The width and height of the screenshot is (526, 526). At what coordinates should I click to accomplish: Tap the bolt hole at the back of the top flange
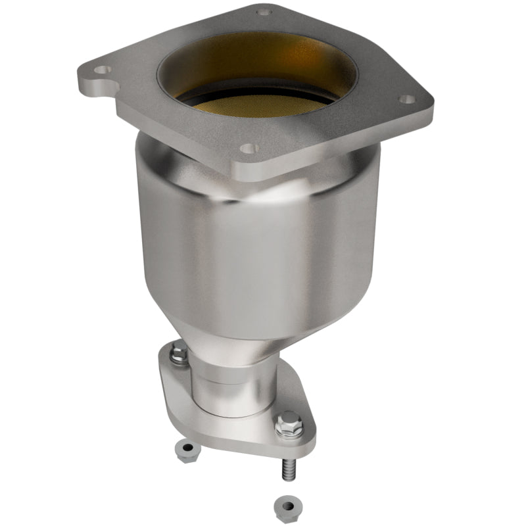(264, 12)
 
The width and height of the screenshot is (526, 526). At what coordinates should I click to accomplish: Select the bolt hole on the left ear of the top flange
(101, 69)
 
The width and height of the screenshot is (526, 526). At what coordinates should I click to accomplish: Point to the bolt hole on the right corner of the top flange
(408, 99)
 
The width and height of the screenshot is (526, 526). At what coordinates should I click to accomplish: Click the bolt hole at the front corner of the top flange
(248, 149)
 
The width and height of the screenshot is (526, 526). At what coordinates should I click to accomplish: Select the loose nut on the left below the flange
(187, 451)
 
